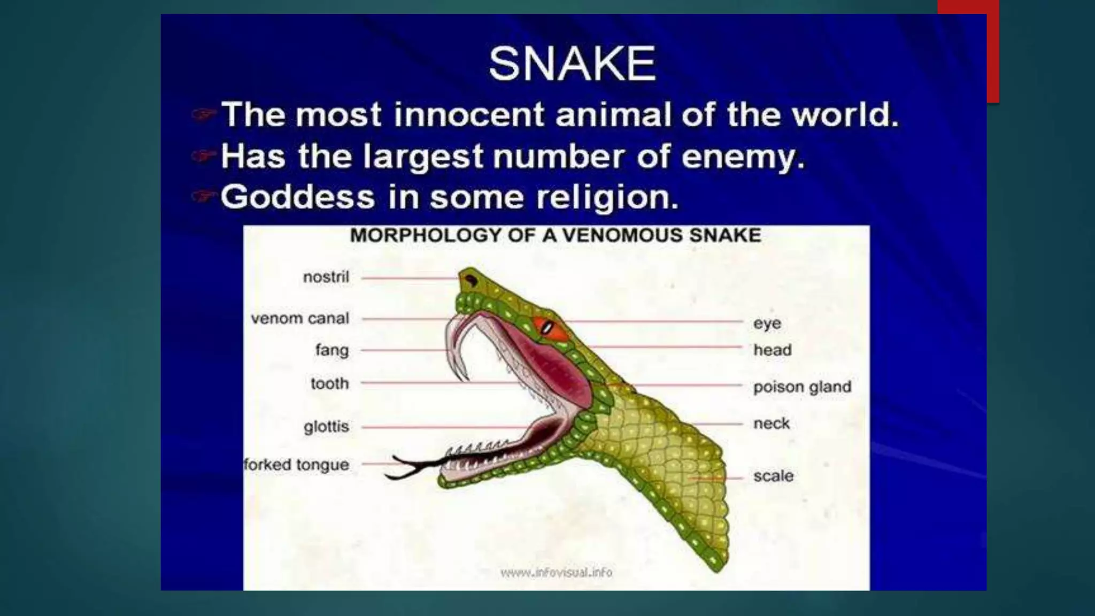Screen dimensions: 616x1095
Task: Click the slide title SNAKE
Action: click(572, 64)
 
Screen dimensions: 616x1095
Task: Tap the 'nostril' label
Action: click(326, 277)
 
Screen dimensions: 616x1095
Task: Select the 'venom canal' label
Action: click(300, 319)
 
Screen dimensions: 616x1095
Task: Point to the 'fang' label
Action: click(332, 350)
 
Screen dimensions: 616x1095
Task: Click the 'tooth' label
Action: click(329, 383)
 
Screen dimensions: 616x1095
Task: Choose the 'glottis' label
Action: click(326, 427)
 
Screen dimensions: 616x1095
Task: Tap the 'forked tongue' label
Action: click(296, 465)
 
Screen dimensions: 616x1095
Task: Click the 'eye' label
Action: click(767, 324)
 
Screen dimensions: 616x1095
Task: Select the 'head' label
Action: click(773, 350)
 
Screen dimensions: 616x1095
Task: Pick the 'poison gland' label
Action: click(802, 387)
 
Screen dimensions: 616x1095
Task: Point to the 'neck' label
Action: click(772, 423)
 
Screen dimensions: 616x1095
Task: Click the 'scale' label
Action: click(773, 476)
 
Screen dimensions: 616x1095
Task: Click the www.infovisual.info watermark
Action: click(556, 572)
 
